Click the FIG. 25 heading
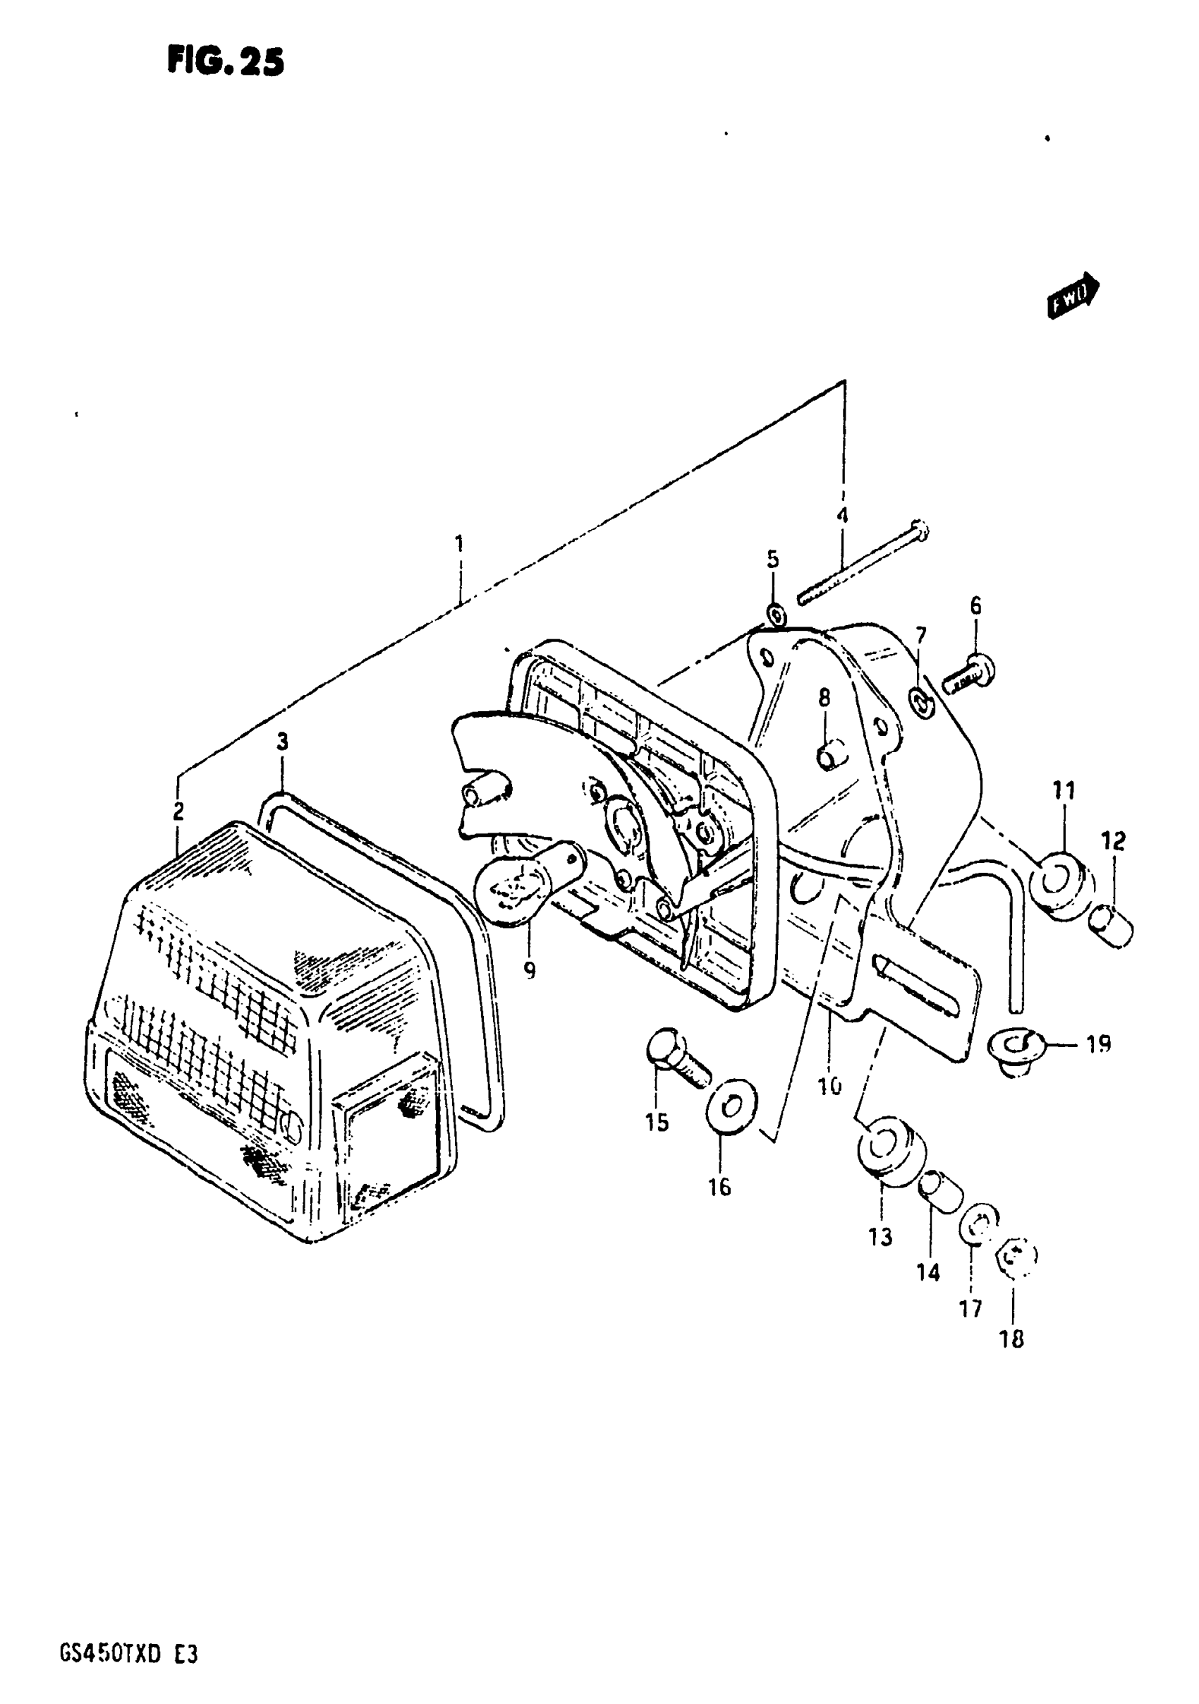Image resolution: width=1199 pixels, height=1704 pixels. (225, 61)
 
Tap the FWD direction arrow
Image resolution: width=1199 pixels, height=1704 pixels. (1073, 295)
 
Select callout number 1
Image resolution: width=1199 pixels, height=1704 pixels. (459, 544)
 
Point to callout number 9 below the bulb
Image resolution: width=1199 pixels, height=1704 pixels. (529, 970)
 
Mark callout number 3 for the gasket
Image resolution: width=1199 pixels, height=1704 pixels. (282, 742)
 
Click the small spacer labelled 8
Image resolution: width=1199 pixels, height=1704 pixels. (830, 756)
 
